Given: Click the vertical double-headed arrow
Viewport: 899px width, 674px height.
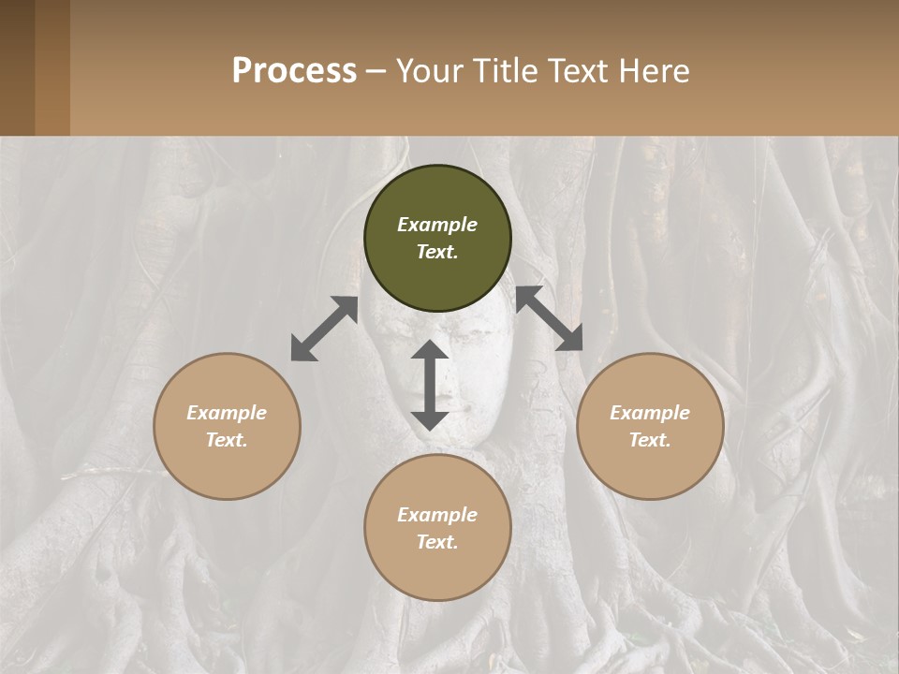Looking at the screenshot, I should (430, 385).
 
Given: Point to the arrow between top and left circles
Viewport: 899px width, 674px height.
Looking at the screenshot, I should (324, 329).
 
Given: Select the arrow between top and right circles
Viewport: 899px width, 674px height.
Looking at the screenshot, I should (550, 318).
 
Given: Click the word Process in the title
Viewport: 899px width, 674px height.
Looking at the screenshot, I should (294, 70).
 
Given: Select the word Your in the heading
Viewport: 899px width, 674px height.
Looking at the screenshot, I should (426, 70).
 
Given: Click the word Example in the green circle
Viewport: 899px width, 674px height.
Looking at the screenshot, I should (437, 225).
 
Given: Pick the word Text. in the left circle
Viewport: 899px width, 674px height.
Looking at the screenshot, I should (227, 440).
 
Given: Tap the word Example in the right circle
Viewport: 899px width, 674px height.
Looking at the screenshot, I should (650, 413).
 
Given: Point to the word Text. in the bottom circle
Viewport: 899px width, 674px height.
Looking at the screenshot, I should (437, 542).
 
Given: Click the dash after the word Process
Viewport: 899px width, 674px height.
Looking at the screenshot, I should (376, 71).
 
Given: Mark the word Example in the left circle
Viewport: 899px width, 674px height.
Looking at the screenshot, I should (227, 413).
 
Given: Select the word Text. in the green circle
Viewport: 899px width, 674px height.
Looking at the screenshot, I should (437, 252).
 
